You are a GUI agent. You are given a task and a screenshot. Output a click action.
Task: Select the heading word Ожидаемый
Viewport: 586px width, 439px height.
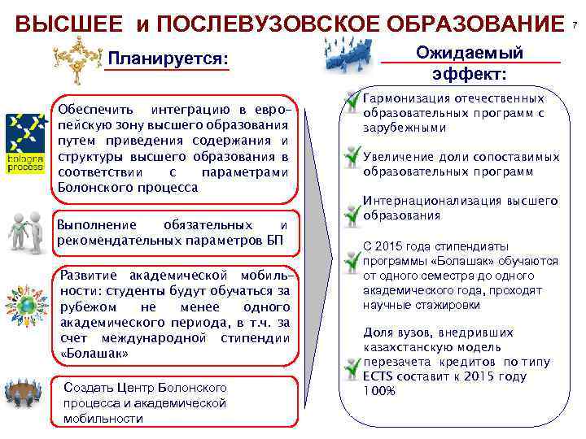click(x=470, y=53)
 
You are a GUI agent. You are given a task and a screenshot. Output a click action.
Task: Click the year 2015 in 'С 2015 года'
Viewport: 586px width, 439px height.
click(x=392, y=246)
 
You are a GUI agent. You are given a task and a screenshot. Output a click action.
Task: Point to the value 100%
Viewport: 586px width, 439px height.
click(x=379, y=391)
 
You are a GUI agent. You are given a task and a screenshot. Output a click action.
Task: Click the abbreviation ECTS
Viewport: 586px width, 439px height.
click(x=378, y=376)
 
